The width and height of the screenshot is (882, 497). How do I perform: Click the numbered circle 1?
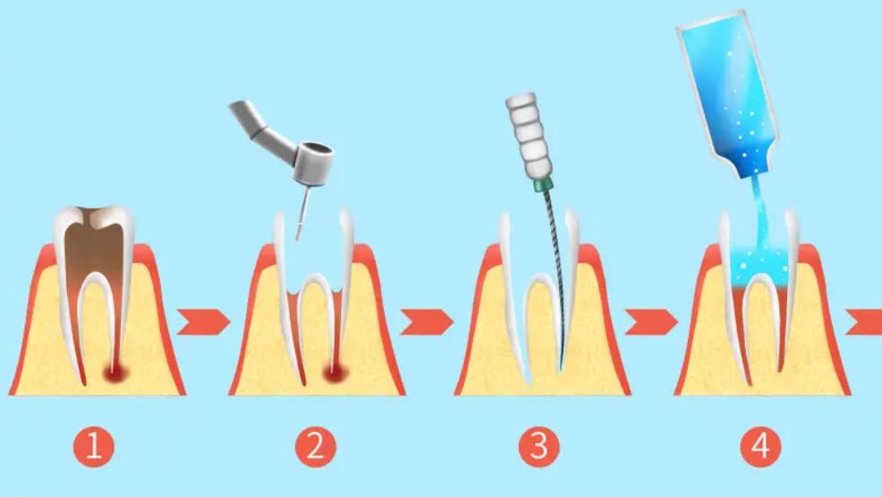pyautogui.click(x=93, y=447)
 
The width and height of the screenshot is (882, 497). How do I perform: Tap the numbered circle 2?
pyautogui.click(x=316, y=447)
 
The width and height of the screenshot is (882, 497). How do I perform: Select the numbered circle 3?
pyautogui.click(x=539, y=447)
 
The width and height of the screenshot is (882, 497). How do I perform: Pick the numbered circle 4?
pyautogui.click(x=760, y=447)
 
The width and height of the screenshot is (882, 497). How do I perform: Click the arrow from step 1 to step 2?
pyautogui.click(x=204, y=322)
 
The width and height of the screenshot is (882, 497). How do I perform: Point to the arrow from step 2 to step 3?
pyautogui.click(x=427, y=322)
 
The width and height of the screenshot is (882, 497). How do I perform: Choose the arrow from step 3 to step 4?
pyautogui.click(x=651, y=322)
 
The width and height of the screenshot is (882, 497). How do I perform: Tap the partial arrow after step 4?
pyautogui.click(x=865, y=322)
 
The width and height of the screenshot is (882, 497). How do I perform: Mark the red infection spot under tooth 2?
pyautogui.click(x=335, y=373)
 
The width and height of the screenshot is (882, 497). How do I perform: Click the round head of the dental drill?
pyautogui.click(x=313, y=163)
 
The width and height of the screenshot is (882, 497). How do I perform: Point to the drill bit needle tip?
pyautogui.click(x=298, y=239)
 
